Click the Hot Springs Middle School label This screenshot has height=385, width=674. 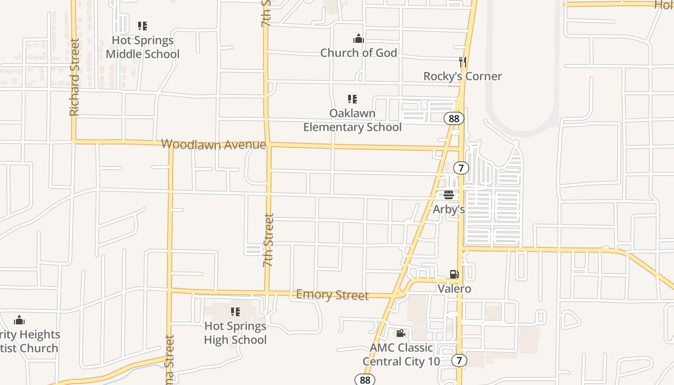click(x=143, y=47)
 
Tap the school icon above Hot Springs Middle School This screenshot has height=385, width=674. click(x=143, y=26)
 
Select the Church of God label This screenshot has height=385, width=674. click(x=359, y=53)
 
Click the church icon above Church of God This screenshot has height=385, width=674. click(x=359, y=38)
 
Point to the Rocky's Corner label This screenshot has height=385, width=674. click(x=462, y=76)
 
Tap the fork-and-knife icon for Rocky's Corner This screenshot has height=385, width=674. click(x=462, y=62)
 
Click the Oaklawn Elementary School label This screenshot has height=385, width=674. click(x=352, y=120)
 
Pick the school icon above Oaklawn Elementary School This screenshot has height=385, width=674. click(x=352, y=99)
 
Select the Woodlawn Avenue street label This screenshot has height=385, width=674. click(x=213, y=144)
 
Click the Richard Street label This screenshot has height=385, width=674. click(x=74, y=77)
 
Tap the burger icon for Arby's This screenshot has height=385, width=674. click(x=449, y=195)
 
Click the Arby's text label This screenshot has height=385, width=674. click(x=449, y=209)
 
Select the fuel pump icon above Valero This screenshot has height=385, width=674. click(x=454, y=274)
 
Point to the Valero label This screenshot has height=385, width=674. click(x=454, y=289)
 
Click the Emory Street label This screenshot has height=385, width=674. click(x=332, y=295)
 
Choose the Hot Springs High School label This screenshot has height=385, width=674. click(x=235, y=333)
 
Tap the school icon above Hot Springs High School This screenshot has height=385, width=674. click(x=235, y=312)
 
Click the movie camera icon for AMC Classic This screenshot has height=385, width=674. click(x=401, y=333)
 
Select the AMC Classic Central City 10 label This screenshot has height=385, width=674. click(x=401, y=355)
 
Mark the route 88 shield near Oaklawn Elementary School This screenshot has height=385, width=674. click(x=454, y=118)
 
